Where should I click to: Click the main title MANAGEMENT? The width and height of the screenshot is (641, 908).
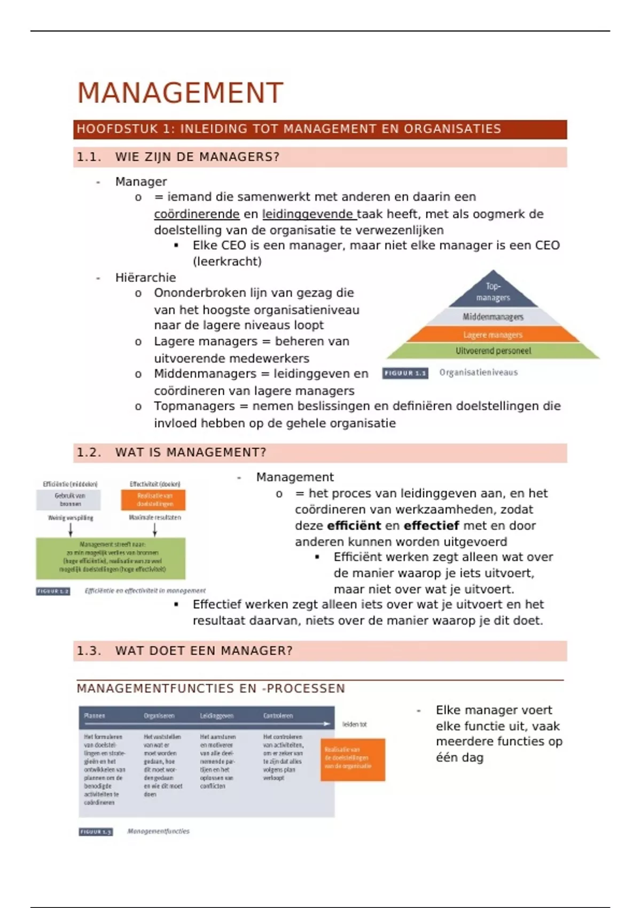click(180, 93)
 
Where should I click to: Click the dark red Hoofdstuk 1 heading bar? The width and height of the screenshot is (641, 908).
click(320, 129)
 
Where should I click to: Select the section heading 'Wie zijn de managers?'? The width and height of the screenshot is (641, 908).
click(197, 157)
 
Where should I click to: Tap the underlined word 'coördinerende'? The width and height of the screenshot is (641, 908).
click(197, 214)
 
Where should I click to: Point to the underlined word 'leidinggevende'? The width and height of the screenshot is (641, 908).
click(308, 214)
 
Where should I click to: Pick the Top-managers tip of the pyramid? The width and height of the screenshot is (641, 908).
click(493, 293)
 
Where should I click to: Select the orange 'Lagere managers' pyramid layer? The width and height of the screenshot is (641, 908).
click(493, 335)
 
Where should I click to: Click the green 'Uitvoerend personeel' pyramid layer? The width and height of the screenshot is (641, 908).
click(493, 351)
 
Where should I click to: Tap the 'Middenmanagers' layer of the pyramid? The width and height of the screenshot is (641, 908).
click(493, 317)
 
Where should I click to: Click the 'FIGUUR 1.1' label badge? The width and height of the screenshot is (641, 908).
click(405, 373)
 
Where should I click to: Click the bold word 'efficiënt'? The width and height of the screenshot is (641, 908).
click(354, 526)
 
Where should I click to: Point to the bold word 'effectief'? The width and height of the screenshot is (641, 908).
click(431, 526)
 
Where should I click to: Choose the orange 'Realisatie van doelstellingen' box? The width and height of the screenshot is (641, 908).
click(154, 500)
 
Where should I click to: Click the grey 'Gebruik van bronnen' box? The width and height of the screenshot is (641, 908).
click(69, 500)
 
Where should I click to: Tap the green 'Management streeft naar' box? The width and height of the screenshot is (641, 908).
click(111, 558)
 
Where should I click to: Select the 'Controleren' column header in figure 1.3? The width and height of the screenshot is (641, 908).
click(278, 716)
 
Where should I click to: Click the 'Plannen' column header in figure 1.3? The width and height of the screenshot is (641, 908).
click(95, 716)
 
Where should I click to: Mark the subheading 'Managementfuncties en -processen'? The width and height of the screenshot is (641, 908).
click(211, 688)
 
